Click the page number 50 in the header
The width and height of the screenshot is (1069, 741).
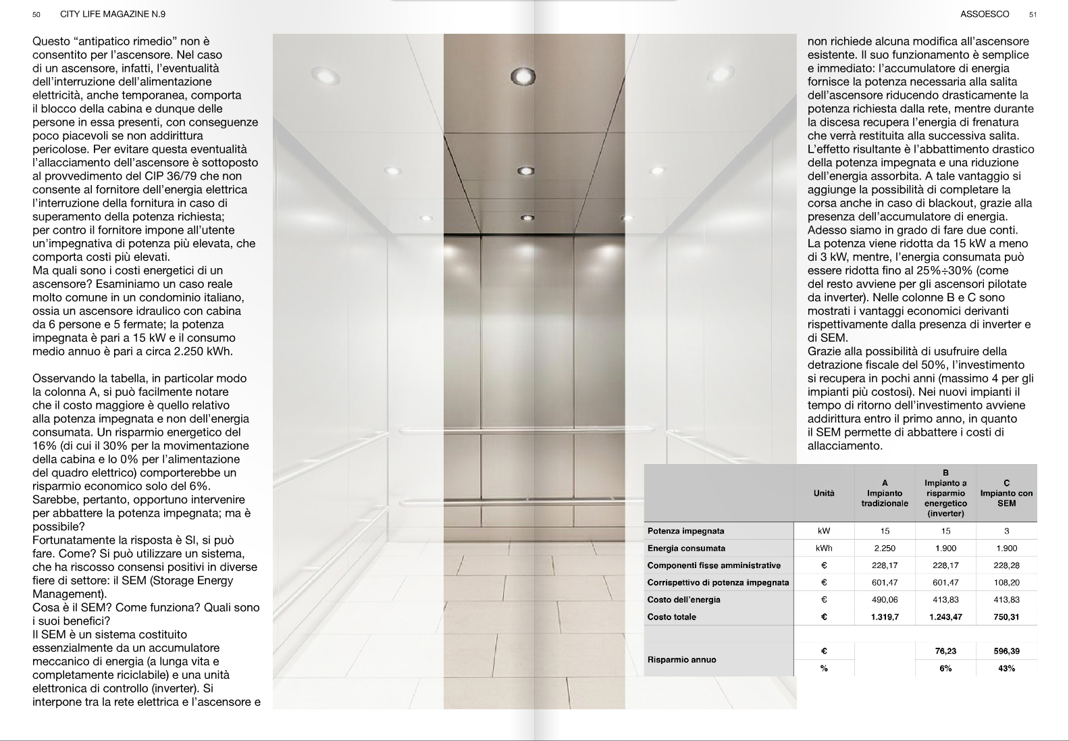36,14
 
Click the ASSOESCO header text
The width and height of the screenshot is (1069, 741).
985,14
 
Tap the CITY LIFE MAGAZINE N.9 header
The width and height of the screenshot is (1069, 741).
113,14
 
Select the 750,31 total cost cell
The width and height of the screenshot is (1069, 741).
1006,617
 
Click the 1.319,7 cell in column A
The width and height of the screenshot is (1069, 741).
885,617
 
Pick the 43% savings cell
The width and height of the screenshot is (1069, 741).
1006,668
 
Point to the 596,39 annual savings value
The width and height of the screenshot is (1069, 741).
1006,651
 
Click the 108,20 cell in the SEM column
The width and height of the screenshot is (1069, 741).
1006,582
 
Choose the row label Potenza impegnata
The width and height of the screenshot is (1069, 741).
685,531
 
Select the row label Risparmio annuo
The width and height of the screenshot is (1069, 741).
681,659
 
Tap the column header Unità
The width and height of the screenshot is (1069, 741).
824,493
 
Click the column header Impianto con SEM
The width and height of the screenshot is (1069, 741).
1006,493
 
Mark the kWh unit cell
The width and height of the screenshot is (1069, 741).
824,548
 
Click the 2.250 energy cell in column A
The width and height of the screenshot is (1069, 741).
885,548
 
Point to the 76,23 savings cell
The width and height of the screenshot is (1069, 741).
945,651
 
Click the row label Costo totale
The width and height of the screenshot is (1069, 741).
671,617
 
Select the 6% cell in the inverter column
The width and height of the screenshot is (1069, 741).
945,668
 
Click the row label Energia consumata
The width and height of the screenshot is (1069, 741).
686,548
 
